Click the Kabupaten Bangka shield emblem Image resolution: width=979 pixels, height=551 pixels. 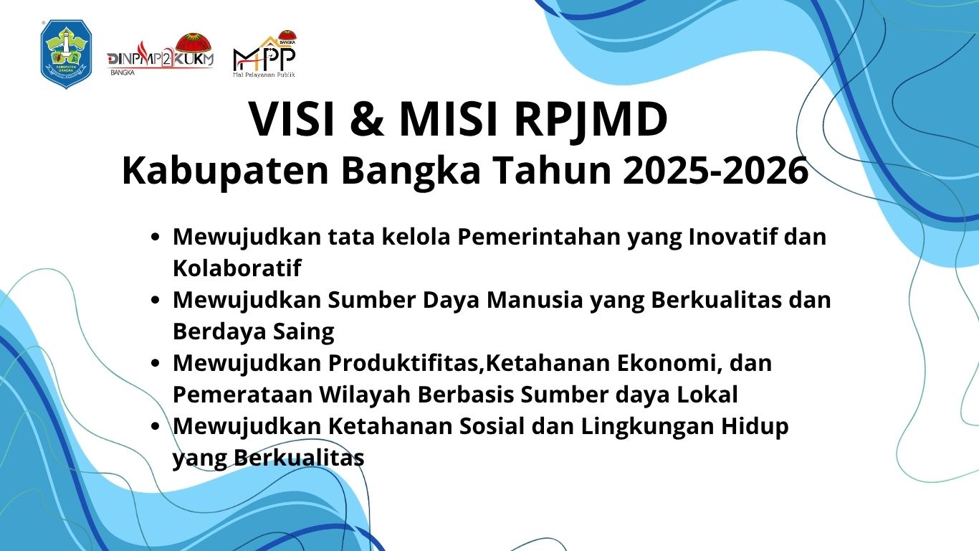(x=66, y=54)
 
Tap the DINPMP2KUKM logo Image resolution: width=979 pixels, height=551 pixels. (x=161, y=55)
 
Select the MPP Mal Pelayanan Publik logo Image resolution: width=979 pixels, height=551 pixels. (x=264, y=54)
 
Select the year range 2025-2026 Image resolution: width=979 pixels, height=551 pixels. (x=715, y=171)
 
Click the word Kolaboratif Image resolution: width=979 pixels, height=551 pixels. (x=237, y=268)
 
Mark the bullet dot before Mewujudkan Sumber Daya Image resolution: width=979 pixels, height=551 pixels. (x=154, y=301)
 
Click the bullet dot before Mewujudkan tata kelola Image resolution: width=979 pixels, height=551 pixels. (x=154, y=237)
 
